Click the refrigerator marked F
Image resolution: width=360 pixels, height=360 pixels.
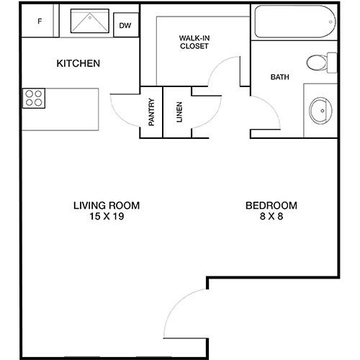pyautogui.click(x=40, y=22)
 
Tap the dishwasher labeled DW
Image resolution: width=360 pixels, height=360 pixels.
pyautogui.click(x=125, y=26)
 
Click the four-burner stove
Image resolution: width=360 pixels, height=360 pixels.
pyautogui.click(x=33, y=97)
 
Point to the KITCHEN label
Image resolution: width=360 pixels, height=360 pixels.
pyautogui.click(x=78, y=64)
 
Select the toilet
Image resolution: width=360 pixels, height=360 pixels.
pyautogui.click(x=320, y=63)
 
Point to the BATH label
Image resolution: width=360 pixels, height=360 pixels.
pyautogui.click(x=280, y=77)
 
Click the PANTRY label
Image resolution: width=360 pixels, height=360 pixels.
pyautogui.click(x=152, y=112)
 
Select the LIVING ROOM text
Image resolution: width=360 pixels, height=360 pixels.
pyautogui.click(x=106, y=205)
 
